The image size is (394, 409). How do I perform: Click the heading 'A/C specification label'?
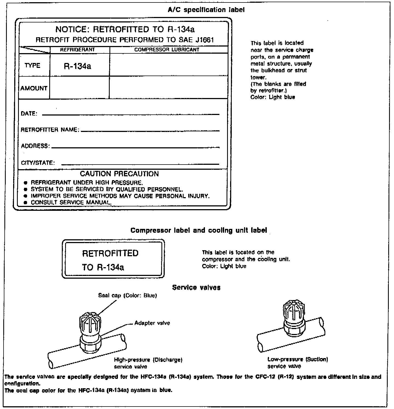206,10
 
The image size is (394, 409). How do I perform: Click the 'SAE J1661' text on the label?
196,40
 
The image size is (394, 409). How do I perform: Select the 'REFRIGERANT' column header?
77,50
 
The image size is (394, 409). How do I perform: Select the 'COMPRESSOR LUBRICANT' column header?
167,50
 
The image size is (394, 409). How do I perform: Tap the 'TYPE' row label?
32,65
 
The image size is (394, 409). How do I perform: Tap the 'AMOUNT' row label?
34,88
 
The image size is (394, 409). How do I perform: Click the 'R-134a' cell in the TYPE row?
77,66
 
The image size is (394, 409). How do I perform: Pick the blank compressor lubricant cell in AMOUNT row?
168,88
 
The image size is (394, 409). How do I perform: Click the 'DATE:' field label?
29,114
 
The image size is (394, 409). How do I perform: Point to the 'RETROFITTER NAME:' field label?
50,130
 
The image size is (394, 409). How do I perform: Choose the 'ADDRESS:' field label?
35,146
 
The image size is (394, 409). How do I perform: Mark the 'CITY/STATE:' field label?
38,163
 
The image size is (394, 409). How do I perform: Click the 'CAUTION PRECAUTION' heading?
119,174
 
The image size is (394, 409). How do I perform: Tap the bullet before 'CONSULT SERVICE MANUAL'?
26,203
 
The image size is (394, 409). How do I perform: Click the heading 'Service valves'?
196,287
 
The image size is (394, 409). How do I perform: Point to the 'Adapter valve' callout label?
152,323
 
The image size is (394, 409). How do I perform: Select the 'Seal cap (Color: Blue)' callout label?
127,296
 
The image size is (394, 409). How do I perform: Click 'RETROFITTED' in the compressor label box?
110,253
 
